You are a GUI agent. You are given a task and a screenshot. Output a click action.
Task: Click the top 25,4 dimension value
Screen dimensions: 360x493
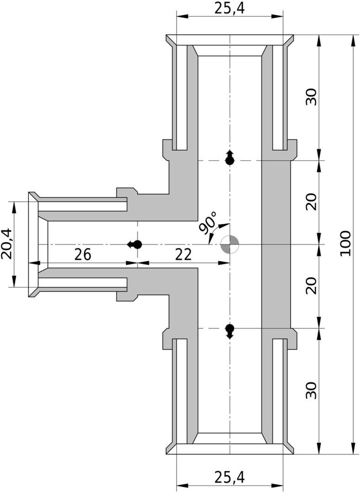230,9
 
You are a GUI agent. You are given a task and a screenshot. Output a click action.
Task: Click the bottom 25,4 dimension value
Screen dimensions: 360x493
230,477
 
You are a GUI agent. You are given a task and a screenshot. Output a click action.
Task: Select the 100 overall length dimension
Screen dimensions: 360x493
345,243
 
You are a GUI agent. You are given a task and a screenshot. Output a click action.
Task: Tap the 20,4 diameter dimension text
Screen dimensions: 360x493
6,244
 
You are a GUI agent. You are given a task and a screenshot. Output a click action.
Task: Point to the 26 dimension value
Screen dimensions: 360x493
83,254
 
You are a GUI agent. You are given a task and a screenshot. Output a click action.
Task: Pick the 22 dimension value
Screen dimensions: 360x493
183,254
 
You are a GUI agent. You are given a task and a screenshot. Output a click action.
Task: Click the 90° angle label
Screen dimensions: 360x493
208,222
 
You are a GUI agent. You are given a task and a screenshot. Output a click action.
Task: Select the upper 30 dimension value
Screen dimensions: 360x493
311,97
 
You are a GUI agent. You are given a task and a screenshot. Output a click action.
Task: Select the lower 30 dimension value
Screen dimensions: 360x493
311,390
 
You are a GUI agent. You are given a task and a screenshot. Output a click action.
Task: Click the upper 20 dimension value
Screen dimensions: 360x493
311,202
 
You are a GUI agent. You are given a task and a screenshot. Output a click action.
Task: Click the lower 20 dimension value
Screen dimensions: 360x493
311,285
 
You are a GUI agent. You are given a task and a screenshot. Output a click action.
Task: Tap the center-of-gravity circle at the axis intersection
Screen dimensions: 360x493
230,244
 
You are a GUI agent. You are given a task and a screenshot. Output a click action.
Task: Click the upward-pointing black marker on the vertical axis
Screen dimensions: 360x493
230,157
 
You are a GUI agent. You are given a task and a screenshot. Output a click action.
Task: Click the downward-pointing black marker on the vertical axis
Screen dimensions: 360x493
230,331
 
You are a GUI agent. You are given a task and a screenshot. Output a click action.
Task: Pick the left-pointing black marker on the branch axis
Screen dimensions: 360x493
134,244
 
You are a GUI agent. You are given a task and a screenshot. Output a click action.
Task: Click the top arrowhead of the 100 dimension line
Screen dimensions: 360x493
351,40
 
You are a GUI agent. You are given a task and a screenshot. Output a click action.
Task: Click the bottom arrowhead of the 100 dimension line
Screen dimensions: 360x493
351,448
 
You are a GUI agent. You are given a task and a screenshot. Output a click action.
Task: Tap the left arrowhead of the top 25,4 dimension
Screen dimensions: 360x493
182,16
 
